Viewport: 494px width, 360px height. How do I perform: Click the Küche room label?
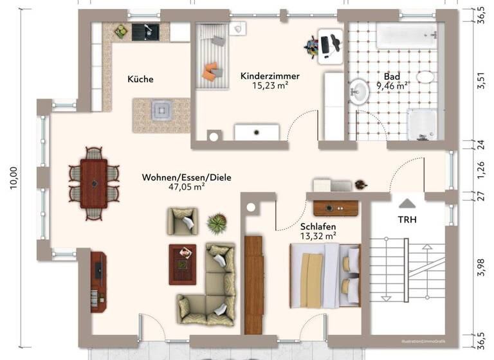pyautogui.click(x=140, y=79)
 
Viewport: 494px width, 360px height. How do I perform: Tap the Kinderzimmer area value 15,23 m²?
pyautogui.click(x=270, y=85)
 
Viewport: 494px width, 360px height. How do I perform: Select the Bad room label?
pyautogui.click(x=392, y=75)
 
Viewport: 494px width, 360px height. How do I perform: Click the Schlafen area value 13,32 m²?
pyautogui.click(x=318, y=237)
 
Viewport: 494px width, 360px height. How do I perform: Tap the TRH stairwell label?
pyautogui.click(x=407, y=220)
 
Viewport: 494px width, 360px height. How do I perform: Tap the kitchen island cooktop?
pyautogui.click(x=161, y=111)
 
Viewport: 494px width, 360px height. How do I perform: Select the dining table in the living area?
pyautogui.click(x=94, y=183)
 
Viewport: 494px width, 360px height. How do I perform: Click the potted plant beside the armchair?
pyautogui.click(x=216, y=223)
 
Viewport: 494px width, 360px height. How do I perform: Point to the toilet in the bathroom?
pyautogui.click(x=426, y=78)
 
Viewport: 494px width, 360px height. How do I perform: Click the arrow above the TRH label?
pyautogui.click(x=407, y=203)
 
